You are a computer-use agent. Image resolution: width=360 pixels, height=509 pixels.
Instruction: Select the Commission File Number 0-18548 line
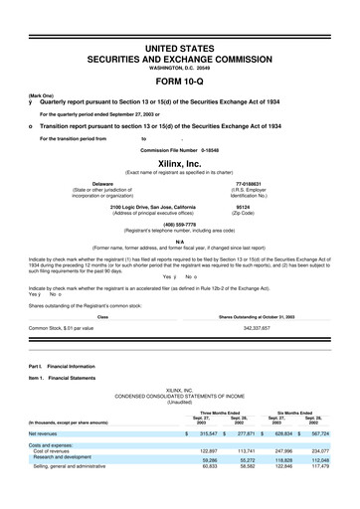click(180, 149)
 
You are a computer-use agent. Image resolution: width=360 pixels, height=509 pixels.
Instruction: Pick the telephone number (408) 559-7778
click(180, 225)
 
